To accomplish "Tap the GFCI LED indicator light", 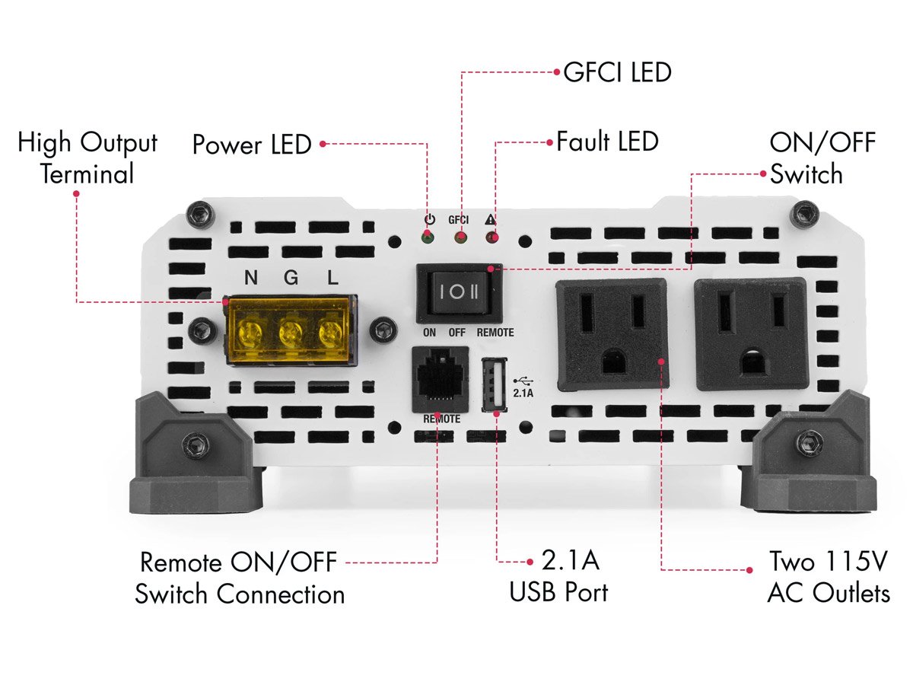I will click(x=460, y=238).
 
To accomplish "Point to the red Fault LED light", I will click(x=492, y=238).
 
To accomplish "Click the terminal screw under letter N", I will click(x=250, y=332).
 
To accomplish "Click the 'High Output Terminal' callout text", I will click(x=87, y=158).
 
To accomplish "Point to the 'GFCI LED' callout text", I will click(x=617, y=72).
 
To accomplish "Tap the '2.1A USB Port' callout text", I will click(x=559, y=576).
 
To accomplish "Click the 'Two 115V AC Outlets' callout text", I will click(x=828, y=577).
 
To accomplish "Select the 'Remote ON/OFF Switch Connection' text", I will click(x=240, y=578).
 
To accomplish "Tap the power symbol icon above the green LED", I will click(x=429, y=219).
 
